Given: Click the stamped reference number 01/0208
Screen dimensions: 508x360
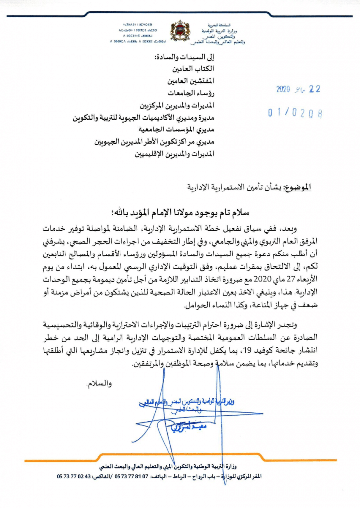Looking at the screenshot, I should coord(295,113).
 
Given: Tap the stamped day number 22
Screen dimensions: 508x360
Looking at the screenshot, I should coord(314,90).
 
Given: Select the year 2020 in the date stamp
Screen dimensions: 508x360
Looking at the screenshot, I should coord(285,90).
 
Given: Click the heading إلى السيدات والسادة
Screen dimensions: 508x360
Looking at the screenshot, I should coord(184,57).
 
